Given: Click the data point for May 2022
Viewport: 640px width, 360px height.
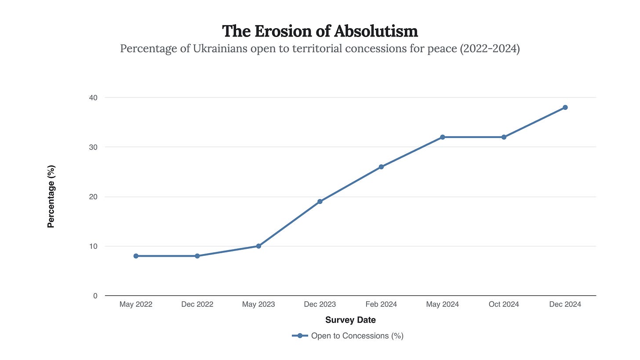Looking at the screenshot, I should [136, 256].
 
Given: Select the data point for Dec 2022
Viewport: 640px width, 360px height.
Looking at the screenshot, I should [197, 256].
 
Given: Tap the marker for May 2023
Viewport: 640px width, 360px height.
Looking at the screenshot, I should [258, 246].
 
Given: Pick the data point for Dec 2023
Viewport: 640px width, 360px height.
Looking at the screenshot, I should [320, 202].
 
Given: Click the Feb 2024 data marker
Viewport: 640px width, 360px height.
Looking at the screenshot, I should [381, 167].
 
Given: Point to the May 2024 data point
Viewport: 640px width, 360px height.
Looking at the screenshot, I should [443, 137].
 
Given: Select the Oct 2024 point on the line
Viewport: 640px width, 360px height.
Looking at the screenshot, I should [504, 137].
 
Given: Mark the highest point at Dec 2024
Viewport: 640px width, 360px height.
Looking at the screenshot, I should [565, 107].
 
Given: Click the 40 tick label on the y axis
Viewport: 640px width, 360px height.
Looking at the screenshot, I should [93, 98].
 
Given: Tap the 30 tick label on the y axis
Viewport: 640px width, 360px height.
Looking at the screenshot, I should [93, 147].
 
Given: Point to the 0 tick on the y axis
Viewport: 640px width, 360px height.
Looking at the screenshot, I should [95, 296].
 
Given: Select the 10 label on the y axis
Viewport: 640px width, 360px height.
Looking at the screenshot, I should [93, 246].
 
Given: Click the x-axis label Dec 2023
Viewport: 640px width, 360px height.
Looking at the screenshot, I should [320, 304].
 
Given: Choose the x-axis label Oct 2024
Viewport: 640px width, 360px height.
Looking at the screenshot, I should [504, 304].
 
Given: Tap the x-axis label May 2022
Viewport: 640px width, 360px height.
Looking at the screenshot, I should [136, 304].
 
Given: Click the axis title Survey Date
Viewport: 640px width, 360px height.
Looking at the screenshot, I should [350, 320].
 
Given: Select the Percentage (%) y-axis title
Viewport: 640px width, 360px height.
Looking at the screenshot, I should [51, 196].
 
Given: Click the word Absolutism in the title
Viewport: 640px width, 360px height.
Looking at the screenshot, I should [376, 31].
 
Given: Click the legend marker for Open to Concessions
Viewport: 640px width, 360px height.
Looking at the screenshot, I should [300, 336].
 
